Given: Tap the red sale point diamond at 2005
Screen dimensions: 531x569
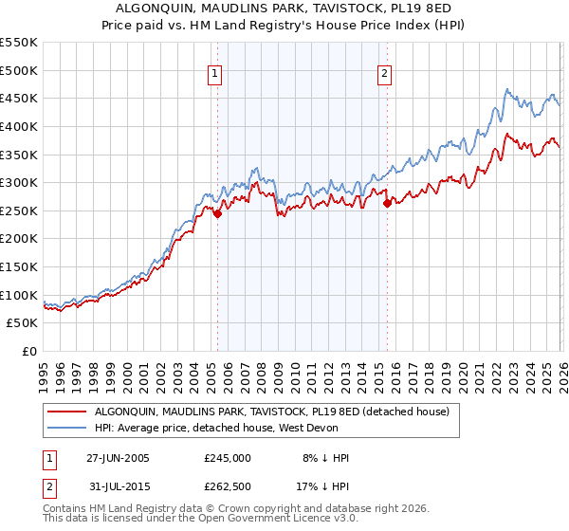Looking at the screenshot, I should (x=217, y=214).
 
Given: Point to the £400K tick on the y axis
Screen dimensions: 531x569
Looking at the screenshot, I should (x=19, y=126).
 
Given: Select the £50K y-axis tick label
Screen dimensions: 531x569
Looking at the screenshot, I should (x=23, y=323).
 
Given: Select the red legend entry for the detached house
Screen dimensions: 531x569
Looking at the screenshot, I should (x=277, y=412).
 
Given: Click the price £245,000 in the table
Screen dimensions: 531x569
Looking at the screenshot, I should (x=228, y=457).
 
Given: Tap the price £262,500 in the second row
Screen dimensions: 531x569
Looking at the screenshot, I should (x=228, y=487).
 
